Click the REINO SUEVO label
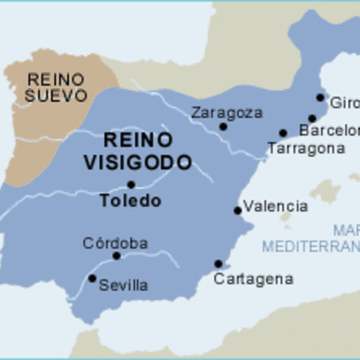point(58,86)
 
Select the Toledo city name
point(130,201)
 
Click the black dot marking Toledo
point(131,184)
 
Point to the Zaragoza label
point(227,112)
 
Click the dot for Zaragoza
point(223,127)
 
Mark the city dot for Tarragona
point(283,133)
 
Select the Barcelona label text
point(328,130)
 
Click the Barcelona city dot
point(312,118)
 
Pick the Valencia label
point(275,206)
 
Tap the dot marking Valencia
point(238,211)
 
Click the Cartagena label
point(253,279)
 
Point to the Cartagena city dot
point(218,264)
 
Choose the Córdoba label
point(115,242)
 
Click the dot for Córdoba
point(116,256)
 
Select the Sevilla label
point(122,285)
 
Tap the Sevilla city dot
point(93,278)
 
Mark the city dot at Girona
point(320,97)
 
